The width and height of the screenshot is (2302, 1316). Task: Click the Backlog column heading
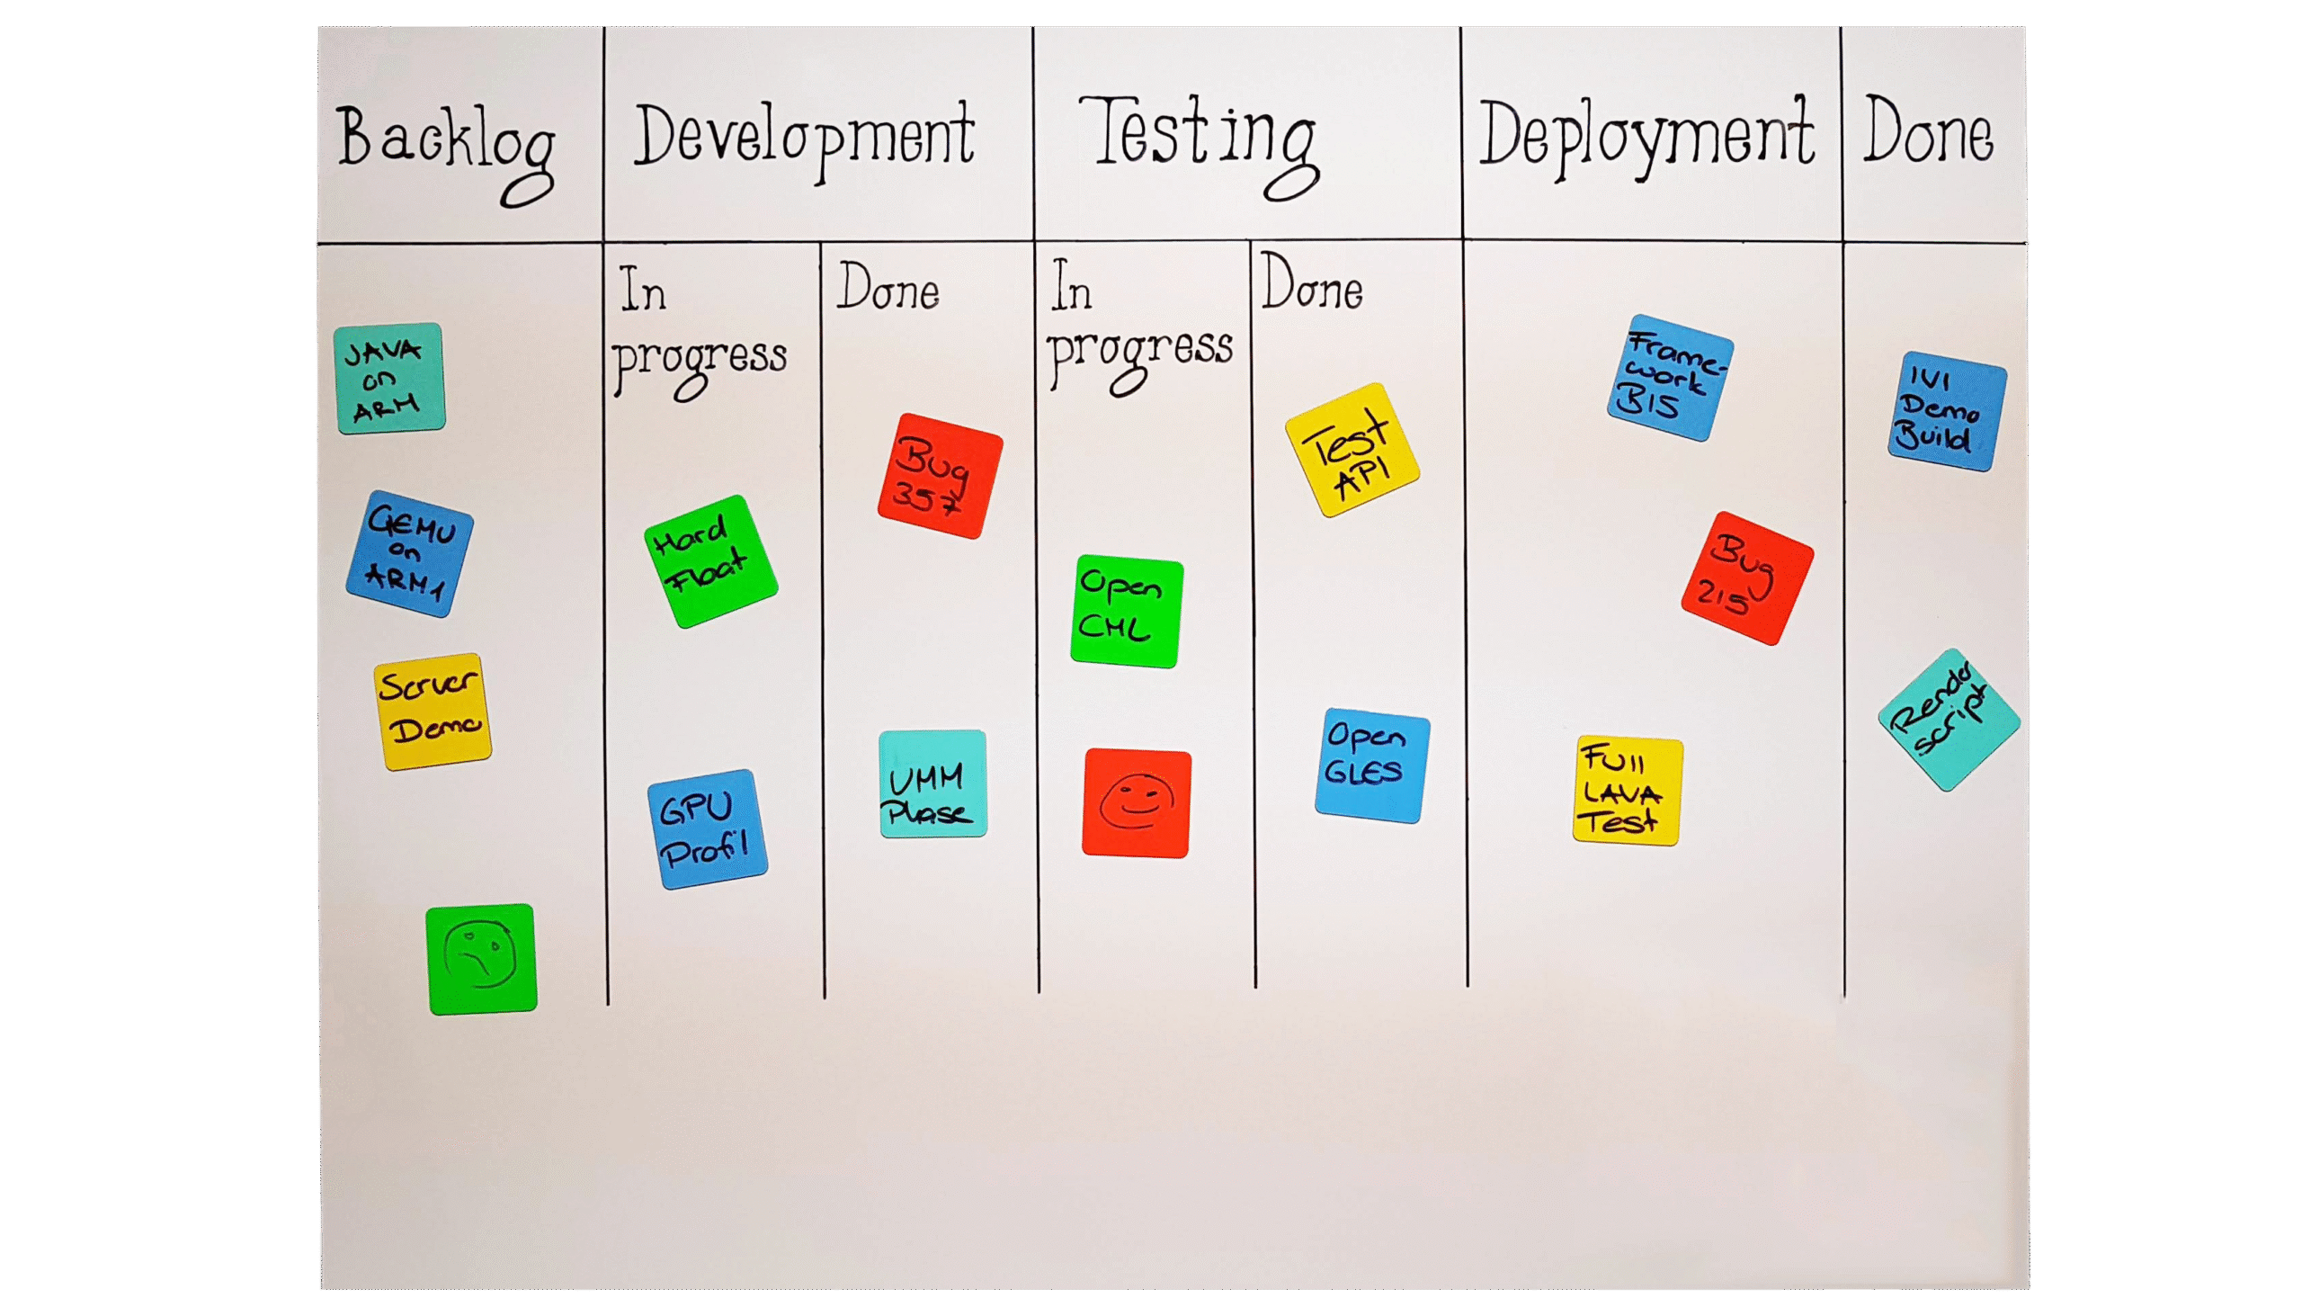[444, 145]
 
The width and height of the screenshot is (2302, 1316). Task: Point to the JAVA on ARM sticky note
[388, 379]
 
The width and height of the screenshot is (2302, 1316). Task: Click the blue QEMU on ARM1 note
[409, 554]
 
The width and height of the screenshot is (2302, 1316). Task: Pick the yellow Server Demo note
[432, 712]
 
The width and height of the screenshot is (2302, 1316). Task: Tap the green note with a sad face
[481, 958]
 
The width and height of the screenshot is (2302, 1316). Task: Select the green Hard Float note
[710, 561]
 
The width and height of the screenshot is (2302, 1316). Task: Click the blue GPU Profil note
[707, 828]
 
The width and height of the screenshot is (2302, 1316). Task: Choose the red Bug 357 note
[940, 477]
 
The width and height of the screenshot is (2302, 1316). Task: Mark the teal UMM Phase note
[932, 783]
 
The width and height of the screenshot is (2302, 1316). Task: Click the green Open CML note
[1127, 612]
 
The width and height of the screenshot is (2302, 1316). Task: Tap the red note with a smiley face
[1137, 802]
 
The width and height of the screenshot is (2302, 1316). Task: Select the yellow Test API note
[1352, 450]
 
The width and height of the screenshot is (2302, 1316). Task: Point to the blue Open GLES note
[1371, 765]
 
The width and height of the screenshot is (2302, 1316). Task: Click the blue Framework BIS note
[1670, 378]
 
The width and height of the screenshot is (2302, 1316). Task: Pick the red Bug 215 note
[1746, 578]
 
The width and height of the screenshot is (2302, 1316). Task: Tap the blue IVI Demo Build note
[1947, 412]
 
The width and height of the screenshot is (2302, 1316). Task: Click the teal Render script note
[1949, 720]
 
